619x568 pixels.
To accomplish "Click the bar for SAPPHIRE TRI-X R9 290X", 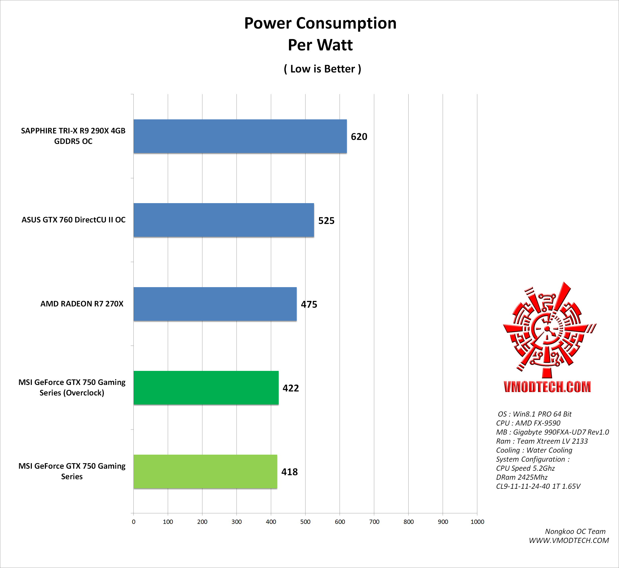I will pos(240,136).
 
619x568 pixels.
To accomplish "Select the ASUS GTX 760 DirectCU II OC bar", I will pos(224,220).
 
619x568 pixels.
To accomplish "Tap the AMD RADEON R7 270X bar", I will pos(215,304).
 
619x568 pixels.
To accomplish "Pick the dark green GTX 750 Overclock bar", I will pos(206,388).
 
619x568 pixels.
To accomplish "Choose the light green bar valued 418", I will pos(205,471).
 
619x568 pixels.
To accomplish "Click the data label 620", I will pos(359,137).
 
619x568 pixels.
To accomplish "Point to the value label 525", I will pos(326,221).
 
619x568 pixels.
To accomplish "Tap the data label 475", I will pos(309,304).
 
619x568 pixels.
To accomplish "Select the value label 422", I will pos(291,388).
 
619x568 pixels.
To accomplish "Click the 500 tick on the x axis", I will pos(305,522).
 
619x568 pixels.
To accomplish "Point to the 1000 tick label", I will pos(477,522).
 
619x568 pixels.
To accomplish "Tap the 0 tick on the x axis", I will pos(133,522).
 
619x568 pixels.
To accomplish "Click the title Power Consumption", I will pos(320,23).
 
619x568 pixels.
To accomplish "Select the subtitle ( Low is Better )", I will pos(322,69).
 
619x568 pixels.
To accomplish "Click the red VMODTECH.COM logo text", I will pos(547,387).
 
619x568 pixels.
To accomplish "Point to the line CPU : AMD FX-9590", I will pos(528,423).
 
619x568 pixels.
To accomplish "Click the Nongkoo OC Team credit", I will pos(575,531).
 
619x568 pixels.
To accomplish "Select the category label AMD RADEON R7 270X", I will pos(82,304).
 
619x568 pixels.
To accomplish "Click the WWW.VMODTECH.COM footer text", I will pos(569,540).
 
